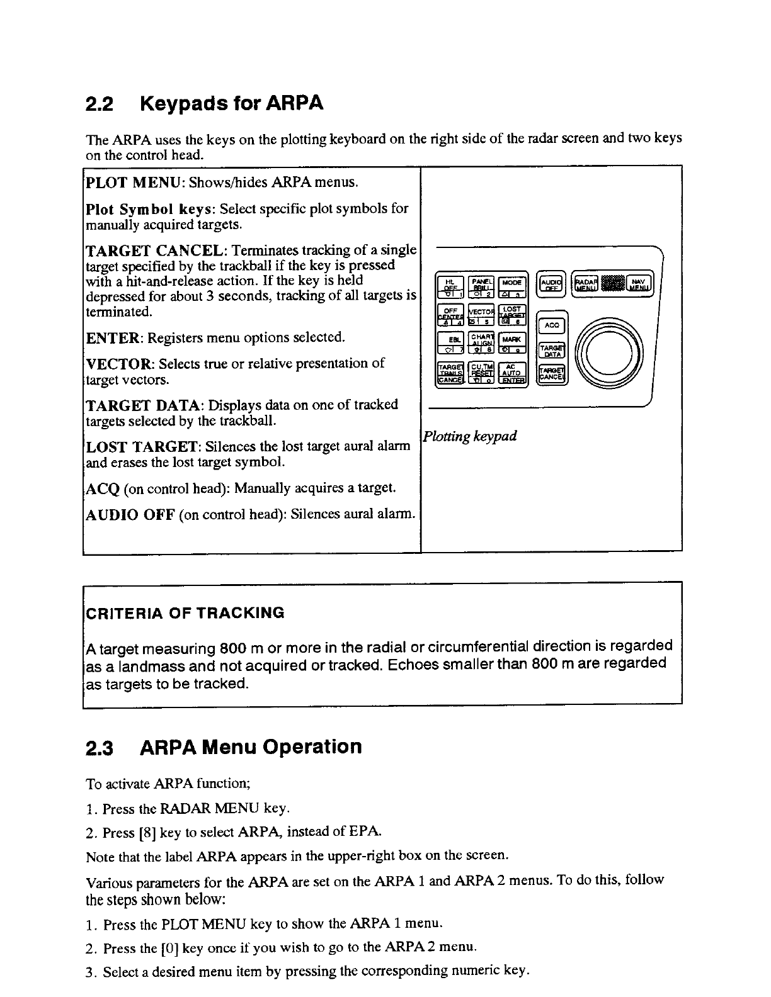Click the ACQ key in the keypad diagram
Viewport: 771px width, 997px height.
click(x=552, y=325)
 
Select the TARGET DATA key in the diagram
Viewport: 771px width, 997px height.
click(x=552, y=350)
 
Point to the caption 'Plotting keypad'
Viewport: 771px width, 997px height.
click(x=470, y=436)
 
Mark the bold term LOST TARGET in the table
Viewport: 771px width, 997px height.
click(x=143, y=447)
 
